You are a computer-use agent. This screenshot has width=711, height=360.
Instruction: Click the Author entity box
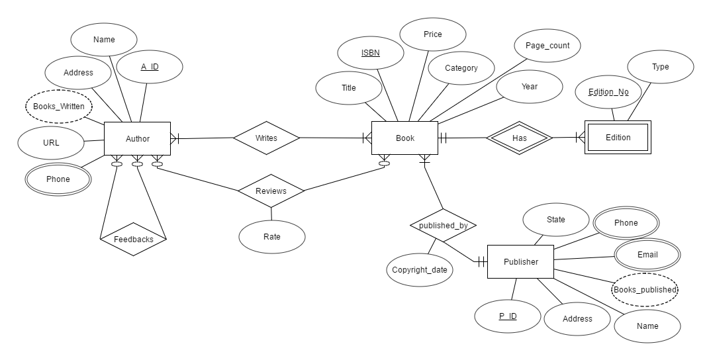[138, 139]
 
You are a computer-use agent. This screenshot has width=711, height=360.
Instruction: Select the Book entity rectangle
[404, 138]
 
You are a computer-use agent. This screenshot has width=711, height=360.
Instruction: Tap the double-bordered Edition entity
[618, 138]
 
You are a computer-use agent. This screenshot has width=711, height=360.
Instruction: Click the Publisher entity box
[520, 261]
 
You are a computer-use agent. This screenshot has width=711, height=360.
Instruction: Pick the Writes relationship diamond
[266, 138]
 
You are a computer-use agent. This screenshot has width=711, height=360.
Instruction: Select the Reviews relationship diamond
[271, 191]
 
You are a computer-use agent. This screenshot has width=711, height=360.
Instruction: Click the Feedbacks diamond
[133, 239]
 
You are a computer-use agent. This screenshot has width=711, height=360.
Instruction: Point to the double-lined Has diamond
[519, 138]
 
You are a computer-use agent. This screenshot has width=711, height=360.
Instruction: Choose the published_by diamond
[443, 226]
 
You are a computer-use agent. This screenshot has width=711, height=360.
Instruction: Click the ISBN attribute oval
[370, 53]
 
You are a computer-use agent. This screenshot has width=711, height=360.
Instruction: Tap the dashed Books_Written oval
[59, 106]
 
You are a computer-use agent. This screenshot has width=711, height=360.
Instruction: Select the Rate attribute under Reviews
[271, 237]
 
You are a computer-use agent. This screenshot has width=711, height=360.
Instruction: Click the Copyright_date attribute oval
[419, 270]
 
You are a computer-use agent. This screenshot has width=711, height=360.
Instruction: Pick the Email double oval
[647, 255]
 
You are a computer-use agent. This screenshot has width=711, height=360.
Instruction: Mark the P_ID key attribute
[508, 316]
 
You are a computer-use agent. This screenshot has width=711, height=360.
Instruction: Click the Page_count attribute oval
[547, 46]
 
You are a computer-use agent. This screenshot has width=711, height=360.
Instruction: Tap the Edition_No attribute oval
[608, 93]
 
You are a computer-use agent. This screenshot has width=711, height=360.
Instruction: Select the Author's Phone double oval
[58, 179]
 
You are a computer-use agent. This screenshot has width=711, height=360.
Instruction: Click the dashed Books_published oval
[644, 290]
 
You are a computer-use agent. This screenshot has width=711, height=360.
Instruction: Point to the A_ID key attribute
[150, 67]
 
